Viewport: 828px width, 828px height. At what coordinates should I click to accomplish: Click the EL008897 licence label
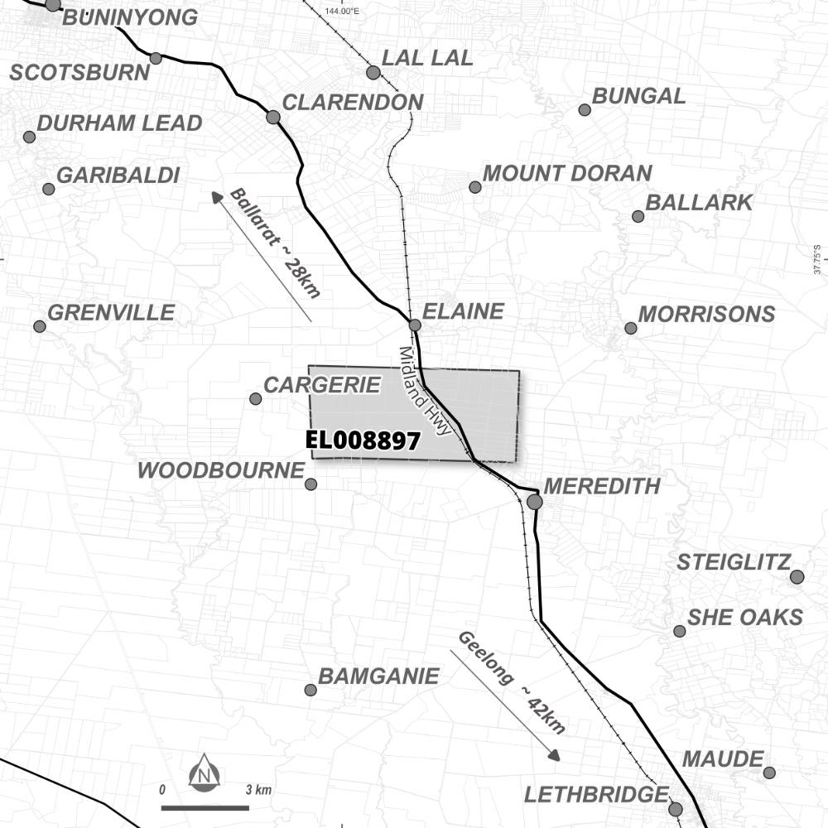(363, 440)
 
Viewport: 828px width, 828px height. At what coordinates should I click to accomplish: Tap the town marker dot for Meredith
(535, 502)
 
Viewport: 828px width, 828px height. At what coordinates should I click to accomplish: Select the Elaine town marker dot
(415, 325)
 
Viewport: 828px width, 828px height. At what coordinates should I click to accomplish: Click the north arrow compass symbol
(204, 773)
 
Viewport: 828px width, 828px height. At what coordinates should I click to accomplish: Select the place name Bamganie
(378, 676)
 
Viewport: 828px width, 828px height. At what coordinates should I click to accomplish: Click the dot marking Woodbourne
(310, 484)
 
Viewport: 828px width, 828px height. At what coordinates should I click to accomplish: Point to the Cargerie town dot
(255, 399)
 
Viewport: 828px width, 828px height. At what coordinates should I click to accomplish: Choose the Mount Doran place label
(567, 174)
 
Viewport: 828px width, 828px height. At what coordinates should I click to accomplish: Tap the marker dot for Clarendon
(273, 117)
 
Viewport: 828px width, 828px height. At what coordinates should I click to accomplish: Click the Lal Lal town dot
(373, 73)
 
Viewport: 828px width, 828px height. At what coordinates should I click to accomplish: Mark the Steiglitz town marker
(797, 576)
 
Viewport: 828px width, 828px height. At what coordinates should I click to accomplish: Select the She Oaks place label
(745, 617)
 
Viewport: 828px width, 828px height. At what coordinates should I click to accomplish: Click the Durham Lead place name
(119, 123)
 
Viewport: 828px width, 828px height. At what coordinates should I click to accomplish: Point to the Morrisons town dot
(631, 328)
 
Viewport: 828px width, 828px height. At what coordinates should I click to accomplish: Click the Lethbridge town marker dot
(676, 809)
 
